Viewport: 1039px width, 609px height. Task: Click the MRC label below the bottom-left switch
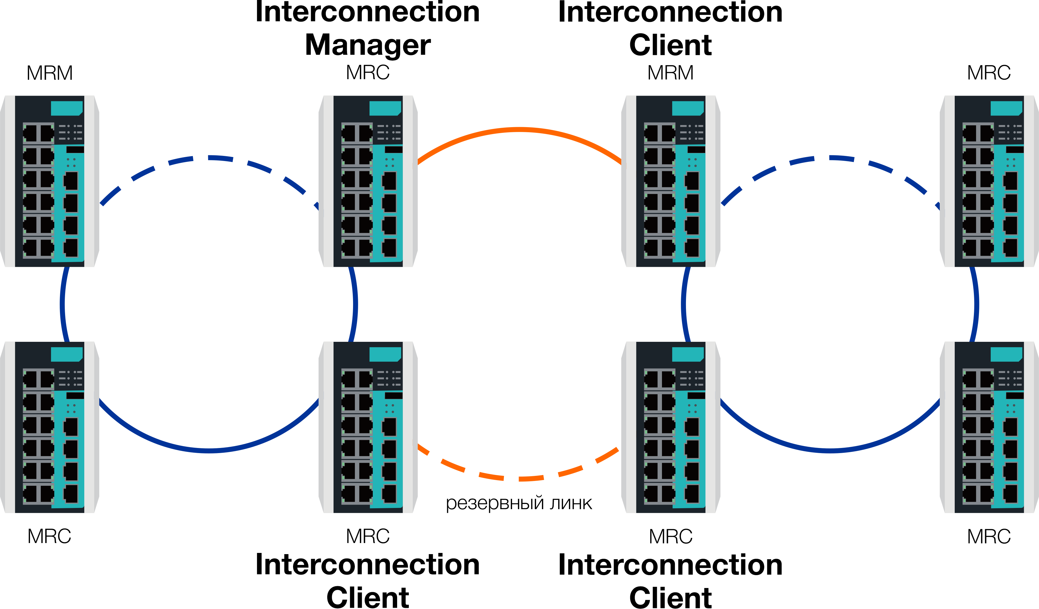[x=49, y=536]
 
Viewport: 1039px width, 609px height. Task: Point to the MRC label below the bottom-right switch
[x=989, y=536]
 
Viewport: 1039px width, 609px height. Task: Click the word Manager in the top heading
[x=368, y=45]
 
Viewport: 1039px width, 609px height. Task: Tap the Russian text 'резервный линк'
[x=519, y=503]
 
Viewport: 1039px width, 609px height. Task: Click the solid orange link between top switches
[x=519, y=130]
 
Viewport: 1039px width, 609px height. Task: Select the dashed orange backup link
[x=519, y=478]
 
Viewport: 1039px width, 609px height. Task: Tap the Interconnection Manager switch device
[x=368, y=181]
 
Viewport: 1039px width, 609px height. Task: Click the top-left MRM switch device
[x=49, y=181]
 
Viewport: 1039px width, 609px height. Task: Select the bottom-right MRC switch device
[x=989, y=427]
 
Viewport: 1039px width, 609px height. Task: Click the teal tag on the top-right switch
[x=1006, y=108]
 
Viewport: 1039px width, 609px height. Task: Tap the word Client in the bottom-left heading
[x=368, y=598]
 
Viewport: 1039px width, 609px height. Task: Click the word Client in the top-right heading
[x=670, y=45]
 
